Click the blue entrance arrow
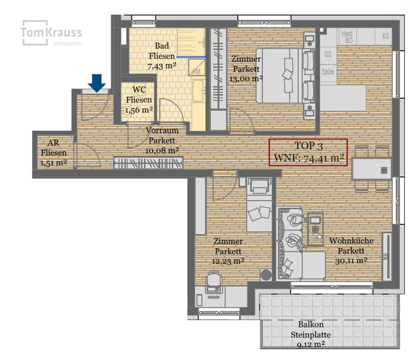[97, 83]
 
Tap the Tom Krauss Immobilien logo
[51, 33]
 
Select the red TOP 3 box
[309, 152]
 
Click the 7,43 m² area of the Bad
[162, 66]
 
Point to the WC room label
[139, 90]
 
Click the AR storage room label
[53, 143]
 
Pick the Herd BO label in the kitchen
[347, 37]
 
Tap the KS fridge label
[385, 36]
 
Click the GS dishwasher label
[327, 54]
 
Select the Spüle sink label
[328, 72]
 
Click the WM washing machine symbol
[197, 68]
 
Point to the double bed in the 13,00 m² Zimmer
[285, 75]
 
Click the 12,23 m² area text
[228, 261]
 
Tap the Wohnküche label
[351, 241]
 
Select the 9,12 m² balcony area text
[311, 344]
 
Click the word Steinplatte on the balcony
[311, 335]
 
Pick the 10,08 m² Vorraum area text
[162, 151]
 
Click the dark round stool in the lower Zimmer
[266, 275]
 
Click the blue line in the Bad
[191, 57]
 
